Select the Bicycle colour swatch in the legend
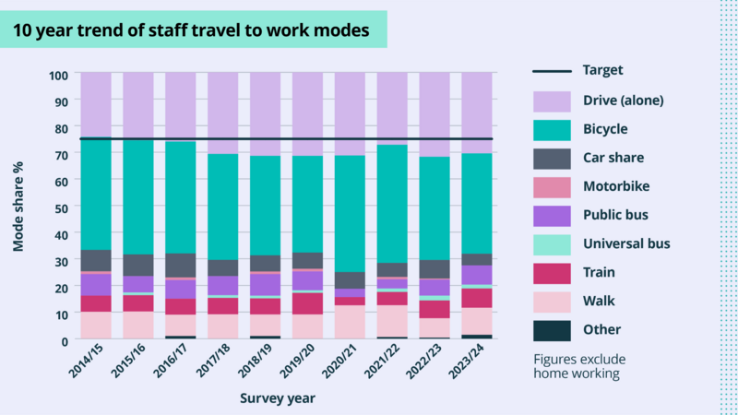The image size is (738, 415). pyautogui.click(x=556, y=128)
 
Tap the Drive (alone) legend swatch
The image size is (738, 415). pyautogui.click(x=556, y=100)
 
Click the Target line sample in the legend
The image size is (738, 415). pyautogui.click(x=556, y=70)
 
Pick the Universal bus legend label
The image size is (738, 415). pyautogui.click(x=627, y=243)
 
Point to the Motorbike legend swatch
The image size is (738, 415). pyautogui.click(x=556, y=186)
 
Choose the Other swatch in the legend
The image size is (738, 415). pyautogui.click(x=556, y=329)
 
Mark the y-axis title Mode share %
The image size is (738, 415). pyautogui.click(x=18, y=207)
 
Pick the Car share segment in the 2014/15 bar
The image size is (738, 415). pyautogui.click(x=96, y=260)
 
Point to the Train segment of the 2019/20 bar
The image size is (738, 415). pyautogui.click(x=308, y=303)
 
